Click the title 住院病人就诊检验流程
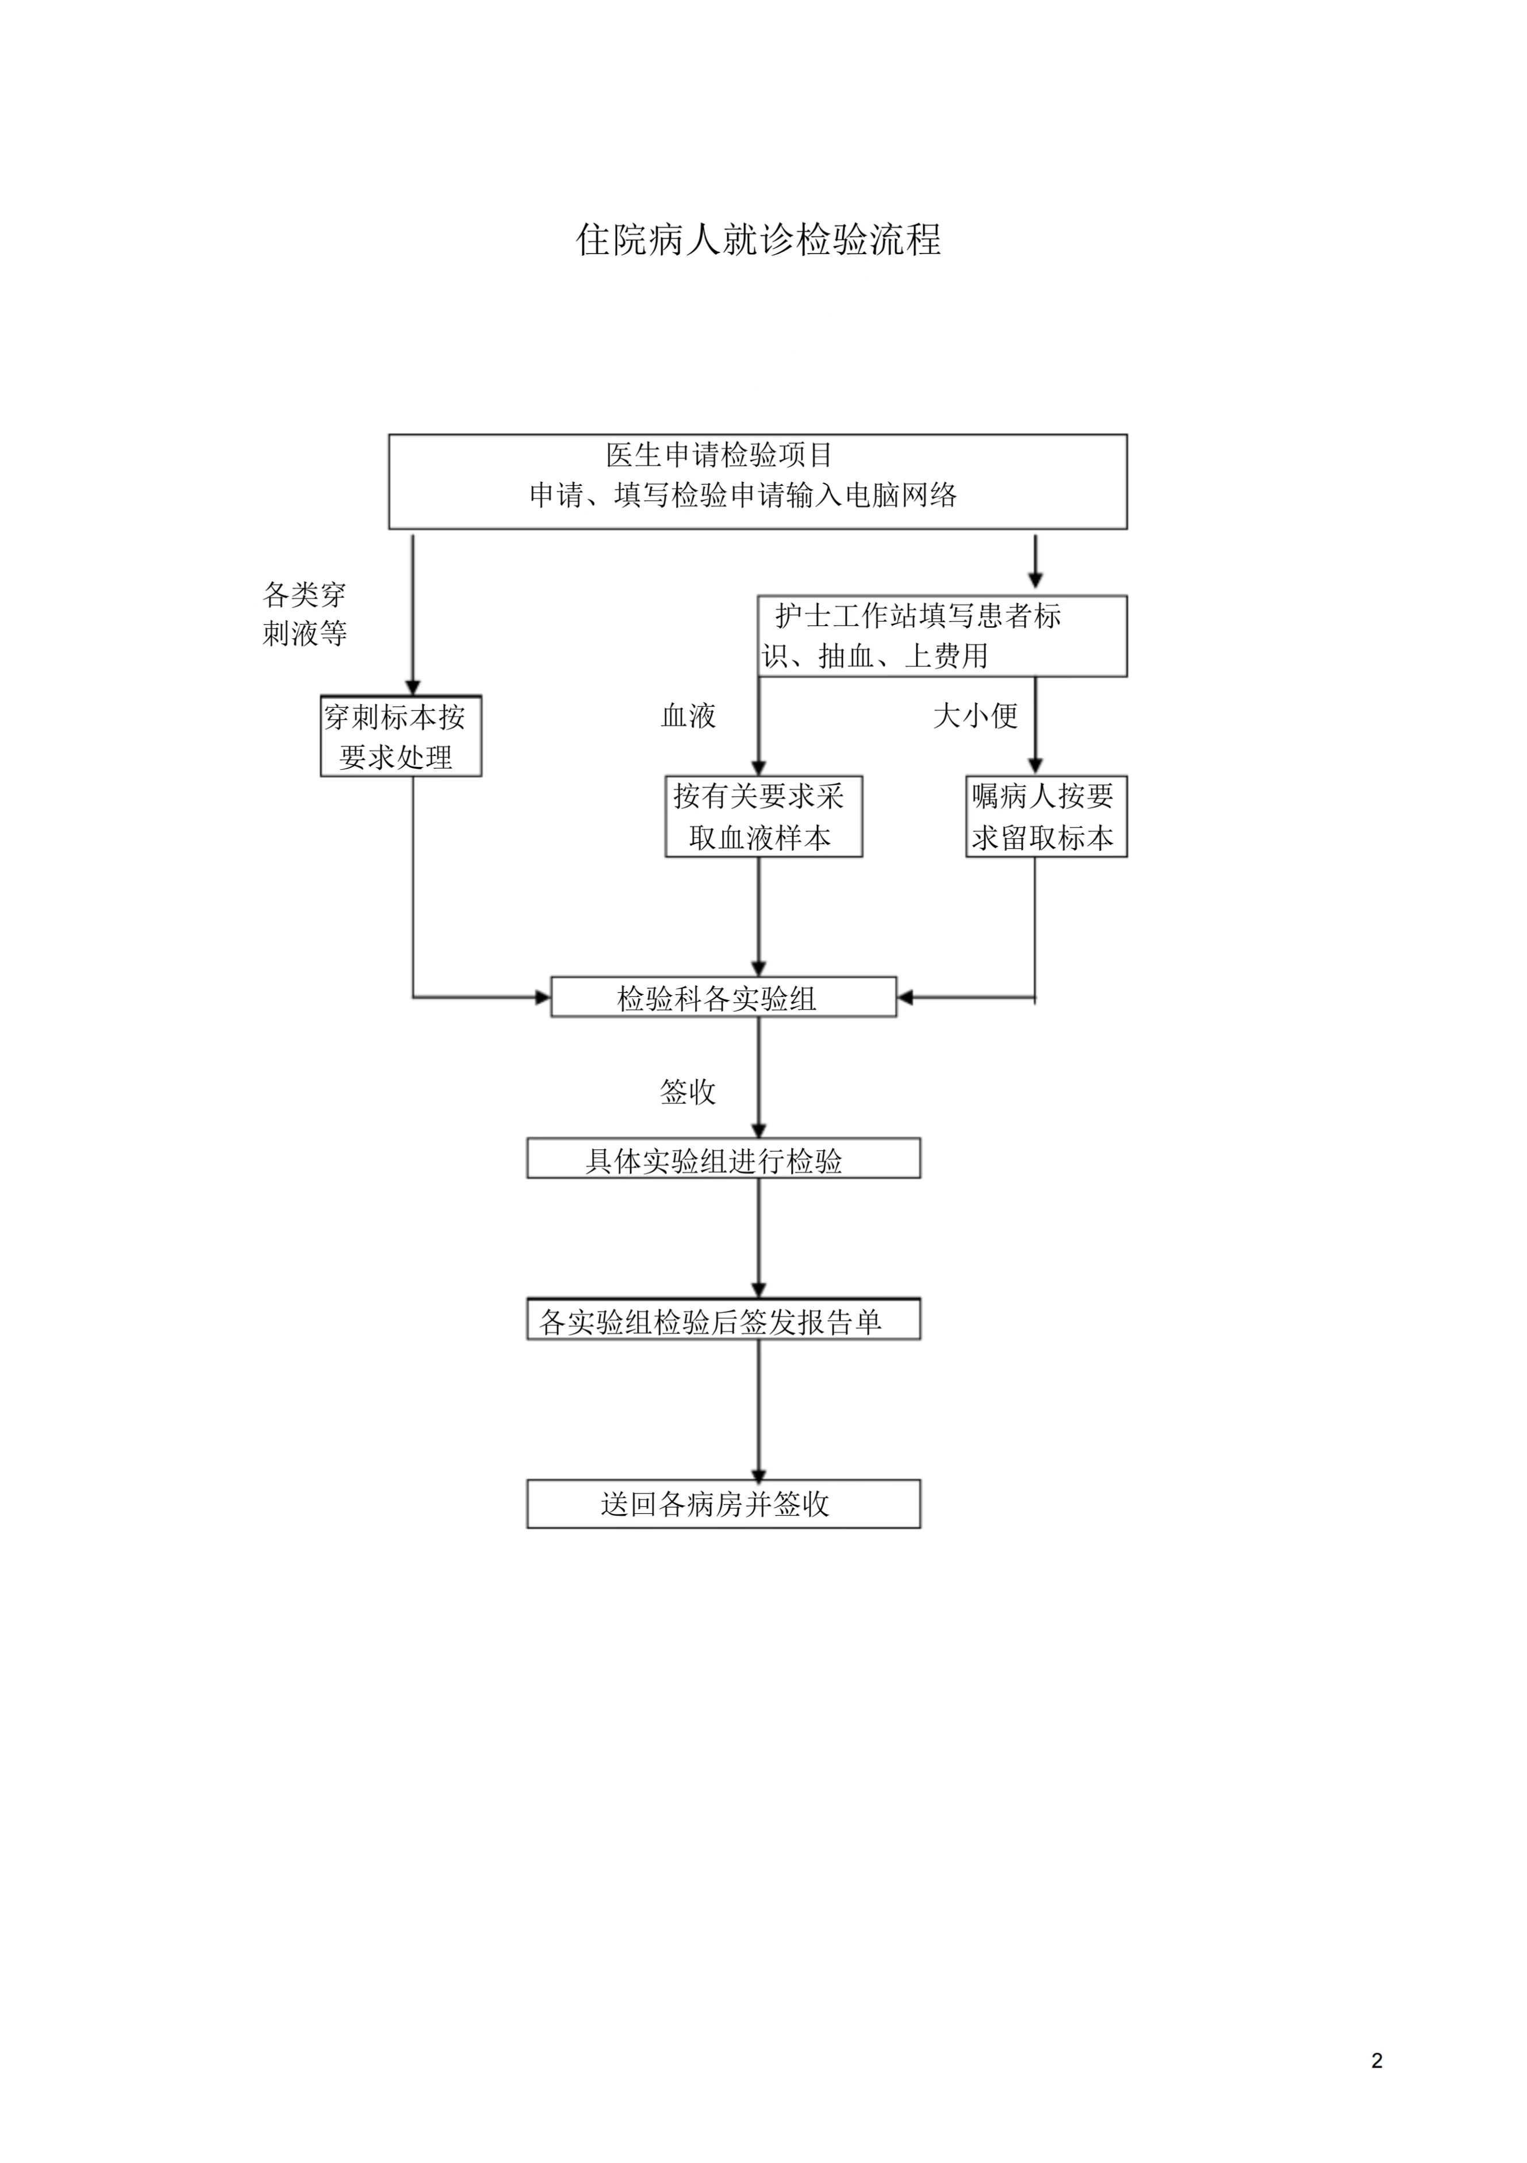pos(758,239)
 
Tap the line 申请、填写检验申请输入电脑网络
pos(743,494)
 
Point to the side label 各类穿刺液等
pos(304,613)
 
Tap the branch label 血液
pos(689,716)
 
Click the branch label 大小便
pos(975,716)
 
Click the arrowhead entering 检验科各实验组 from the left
pos(543,997)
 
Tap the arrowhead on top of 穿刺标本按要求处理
pos(413,688)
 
